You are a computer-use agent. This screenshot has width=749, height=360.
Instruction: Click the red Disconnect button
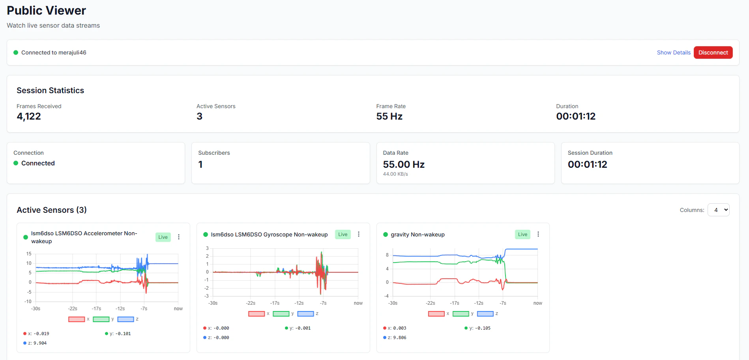[713, 52]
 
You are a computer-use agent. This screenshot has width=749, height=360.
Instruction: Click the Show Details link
[674, 52]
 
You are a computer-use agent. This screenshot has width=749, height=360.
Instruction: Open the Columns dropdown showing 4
[719, 210]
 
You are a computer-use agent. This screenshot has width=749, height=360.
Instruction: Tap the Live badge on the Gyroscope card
[343, 234]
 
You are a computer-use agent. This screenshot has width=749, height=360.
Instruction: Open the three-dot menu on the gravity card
[538, 234]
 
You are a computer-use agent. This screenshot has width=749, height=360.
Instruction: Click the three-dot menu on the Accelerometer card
[179, 237]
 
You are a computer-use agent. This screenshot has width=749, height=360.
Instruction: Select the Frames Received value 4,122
[29, 116]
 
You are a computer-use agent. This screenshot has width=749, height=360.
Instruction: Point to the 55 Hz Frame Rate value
[389, 116]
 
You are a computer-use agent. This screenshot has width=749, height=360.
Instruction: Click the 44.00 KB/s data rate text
[395, 174]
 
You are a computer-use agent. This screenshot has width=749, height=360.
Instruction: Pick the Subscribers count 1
[200, 165]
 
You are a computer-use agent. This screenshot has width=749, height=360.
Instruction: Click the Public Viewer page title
[46, 11]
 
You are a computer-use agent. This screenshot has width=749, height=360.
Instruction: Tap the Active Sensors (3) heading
[52, 210]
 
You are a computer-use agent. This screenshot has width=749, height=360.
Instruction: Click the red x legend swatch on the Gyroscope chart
[257, 314]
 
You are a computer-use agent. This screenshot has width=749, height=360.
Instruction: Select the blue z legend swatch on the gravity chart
[485, 314]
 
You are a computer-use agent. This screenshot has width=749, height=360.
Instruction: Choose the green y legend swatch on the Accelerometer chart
[101, 319]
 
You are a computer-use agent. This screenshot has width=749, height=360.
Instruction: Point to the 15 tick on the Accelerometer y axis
[29, 254]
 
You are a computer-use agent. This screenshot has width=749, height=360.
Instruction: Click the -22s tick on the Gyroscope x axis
[251, 303]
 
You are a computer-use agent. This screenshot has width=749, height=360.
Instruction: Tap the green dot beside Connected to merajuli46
[16, 52]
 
